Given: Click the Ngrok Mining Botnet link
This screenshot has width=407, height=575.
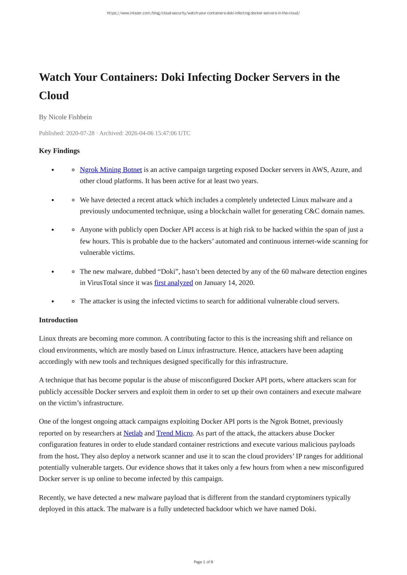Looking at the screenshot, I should pyautogui.click(x=111, y=170).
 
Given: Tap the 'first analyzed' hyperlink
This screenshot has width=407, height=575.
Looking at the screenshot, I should pyautogui.click(x=173, y=283).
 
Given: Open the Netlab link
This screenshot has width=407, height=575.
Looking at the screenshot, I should pyautogui.click(x=133, y=433).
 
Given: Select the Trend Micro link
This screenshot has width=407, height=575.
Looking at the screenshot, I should pyautogui.click(x=174, y=433).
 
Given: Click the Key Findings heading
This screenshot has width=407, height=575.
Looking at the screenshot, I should pyautogui.click(x=59, y=151).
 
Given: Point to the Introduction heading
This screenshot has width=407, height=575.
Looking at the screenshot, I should pyautogui.click(x=58, y=320).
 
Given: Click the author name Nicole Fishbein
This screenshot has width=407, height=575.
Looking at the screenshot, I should pyautogui.click(x=70, y=117).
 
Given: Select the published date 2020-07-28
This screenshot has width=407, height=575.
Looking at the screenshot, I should pyautogui.click(x=80, y=133).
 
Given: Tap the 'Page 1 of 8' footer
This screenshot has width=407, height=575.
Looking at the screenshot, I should pyautogui.click(x=203, y=562).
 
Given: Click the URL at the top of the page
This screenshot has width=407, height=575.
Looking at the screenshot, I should pyautogui.click(x=203, y=13).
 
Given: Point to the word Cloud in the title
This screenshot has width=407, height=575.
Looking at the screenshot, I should pyautogui.click(x=54, y=96).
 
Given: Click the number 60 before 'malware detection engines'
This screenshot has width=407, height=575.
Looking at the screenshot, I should pyautogui.click(x=285, y=271).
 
